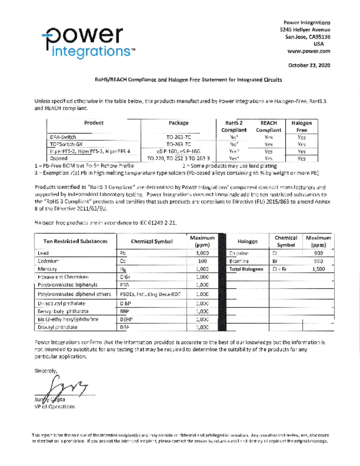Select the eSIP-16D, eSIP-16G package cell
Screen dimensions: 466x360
click(178, 151)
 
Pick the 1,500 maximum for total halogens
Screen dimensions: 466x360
click(318, 269)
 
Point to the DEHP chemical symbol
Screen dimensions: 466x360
click(126, 320)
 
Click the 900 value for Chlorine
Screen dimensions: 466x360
click(318, 253)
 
